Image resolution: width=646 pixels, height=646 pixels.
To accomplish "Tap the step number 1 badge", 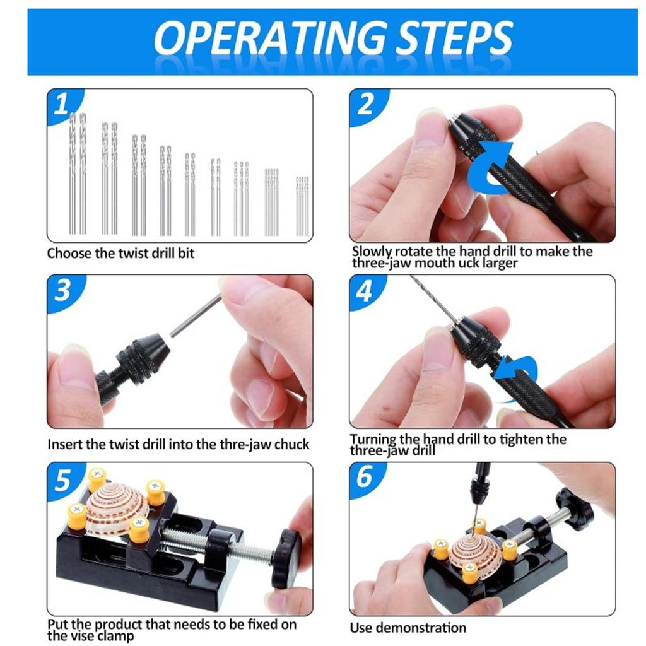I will coord(62,105).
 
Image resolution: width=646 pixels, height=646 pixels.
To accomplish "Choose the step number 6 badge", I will coord(365,478).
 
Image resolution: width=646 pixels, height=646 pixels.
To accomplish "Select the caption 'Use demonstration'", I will coord(408,628).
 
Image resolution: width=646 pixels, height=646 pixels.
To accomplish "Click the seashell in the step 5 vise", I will coord(116,510).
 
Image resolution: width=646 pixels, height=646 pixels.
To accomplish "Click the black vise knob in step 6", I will coord(575,508).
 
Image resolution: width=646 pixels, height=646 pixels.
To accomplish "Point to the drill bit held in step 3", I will coord(196,315).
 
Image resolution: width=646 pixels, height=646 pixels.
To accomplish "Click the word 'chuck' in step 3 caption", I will coord(291,444).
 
